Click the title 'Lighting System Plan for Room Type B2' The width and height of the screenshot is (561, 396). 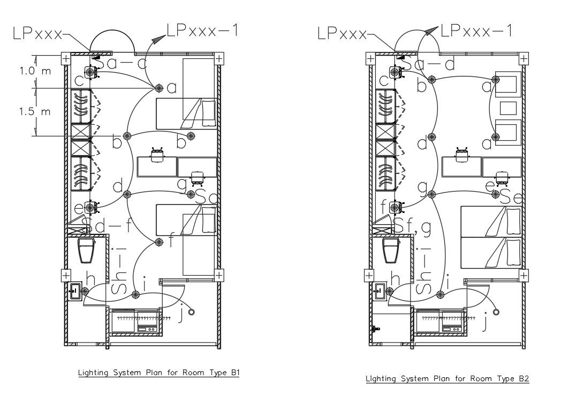[x=447, y=379]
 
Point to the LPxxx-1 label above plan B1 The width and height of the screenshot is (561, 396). [x=202, y=31]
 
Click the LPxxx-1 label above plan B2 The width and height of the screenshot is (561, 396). [x=476, y=31]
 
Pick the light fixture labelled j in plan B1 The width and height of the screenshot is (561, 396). [x=191, y=311]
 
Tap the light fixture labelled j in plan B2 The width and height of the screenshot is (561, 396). [x=496, y=311]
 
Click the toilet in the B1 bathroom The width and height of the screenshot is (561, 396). [x=86, y=250]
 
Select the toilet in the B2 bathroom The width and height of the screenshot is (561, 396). [x=391, y=250]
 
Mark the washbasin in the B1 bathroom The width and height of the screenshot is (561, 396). [x=74, y=292]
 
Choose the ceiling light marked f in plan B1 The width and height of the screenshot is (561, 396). [x=158, y=243]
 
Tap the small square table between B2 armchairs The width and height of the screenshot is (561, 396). [x=508, y=108]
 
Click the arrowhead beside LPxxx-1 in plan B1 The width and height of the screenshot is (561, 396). [x=158, y=39]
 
